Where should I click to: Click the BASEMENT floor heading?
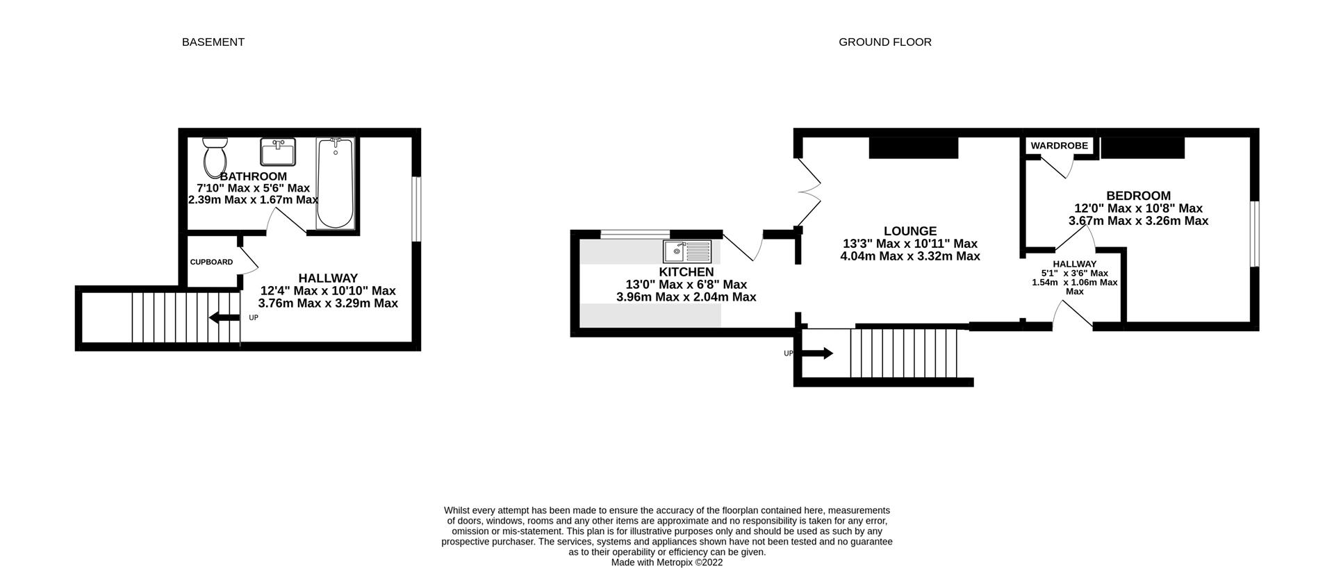click(213, 42)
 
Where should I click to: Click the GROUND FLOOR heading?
click(884, 42)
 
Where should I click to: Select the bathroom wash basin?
click(278, 151)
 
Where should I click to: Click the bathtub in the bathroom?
click(335, 183)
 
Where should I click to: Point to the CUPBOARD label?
click(211, 262)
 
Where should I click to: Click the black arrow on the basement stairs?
click(224, 317)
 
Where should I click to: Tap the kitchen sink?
click(686, 251)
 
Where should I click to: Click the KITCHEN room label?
click(686, 272)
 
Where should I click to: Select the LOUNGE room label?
click(909, 231)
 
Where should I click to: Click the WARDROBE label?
click(1059, 146)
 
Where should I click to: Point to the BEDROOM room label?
click(1138, 196)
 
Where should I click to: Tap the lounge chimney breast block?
click(914, 147)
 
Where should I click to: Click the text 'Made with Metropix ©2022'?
click(666, 562)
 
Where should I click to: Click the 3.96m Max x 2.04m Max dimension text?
click(686, 297)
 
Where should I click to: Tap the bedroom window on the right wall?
click(1254, 234)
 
